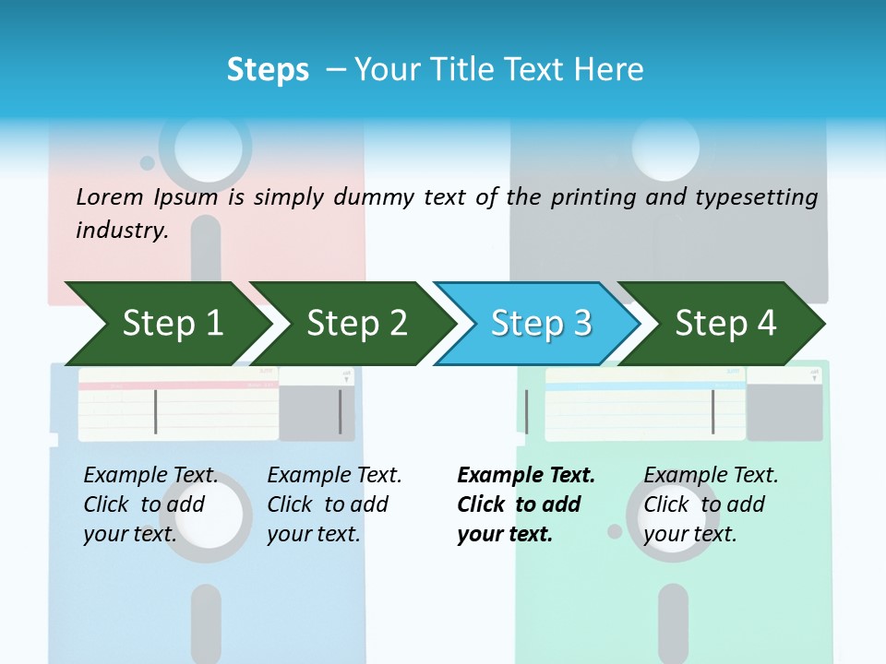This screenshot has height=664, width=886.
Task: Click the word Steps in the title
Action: pos(268,70)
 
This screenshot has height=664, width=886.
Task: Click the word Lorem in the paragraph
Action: pos(109,196)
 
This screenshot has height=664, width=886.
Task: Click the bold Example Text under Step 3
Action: pos(526,476)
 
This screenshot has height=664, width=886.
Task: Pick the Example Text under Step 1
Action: pos(150,476)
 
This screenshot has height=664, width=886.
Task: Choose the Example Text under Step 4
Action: pos(711,476)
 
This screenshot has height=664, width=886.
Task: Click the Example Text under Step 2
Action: pos(334,476)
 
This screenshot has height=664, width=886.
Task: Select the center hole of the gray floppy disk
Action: pos(665,148)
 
